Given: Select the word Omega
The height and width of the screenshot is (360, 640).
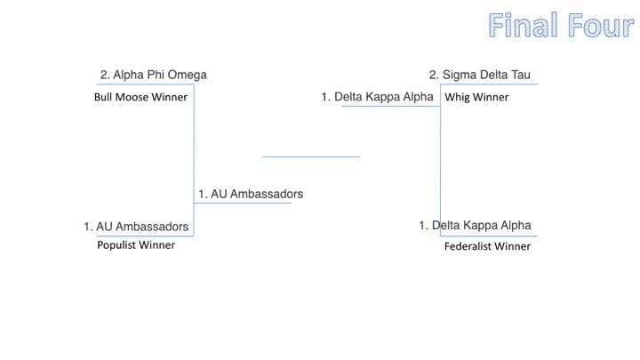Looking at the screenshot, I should (188, 76).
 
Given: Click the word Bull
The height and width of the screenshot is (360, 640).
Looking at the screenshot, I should (105, 98).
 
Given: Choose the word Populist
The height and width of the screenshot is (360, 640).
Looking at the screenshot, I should (118, 245).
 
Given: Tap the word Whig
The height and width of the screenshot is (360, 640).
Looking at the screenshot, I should (457, 98).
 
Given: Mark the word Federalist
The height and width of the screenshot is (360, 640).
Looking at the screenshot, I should (468, 246).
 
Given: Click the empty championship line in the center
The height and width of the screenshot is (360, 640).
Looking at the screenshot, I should (310, 156).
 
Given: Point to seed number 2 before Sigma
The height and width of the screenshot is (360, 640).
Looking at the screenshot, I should (433, 76).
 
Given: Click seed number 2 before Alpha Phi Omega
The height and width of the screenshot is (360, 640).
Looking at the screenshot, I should (104, 76).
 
